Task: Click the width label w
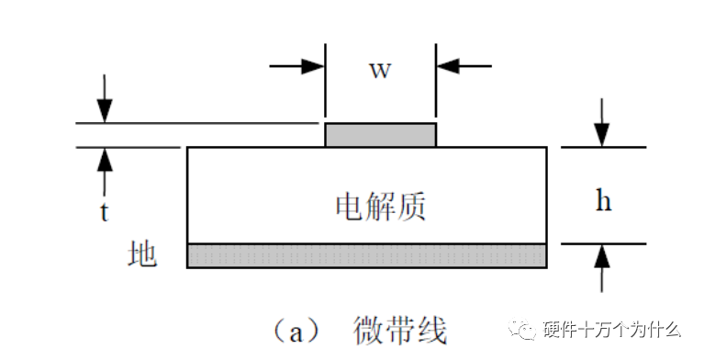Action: coord(380,70)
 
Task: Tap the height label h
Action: coord(603,201)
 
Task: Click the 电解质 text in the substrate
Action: coord(380,207)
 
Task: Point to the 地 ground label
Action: coord(142,254)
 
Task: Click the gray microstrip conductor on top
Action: coord(380,135)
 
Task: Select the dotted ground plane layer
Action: coord(366,254)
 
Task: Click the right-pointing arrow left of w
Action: coord(299,66)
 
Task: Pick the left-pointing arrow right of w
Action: coord(463,66)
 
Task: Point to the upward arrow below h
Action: coord(602,265)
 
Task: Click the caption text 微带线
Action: coord(400,328)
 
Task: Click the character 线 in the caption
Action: coord(431,328)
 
